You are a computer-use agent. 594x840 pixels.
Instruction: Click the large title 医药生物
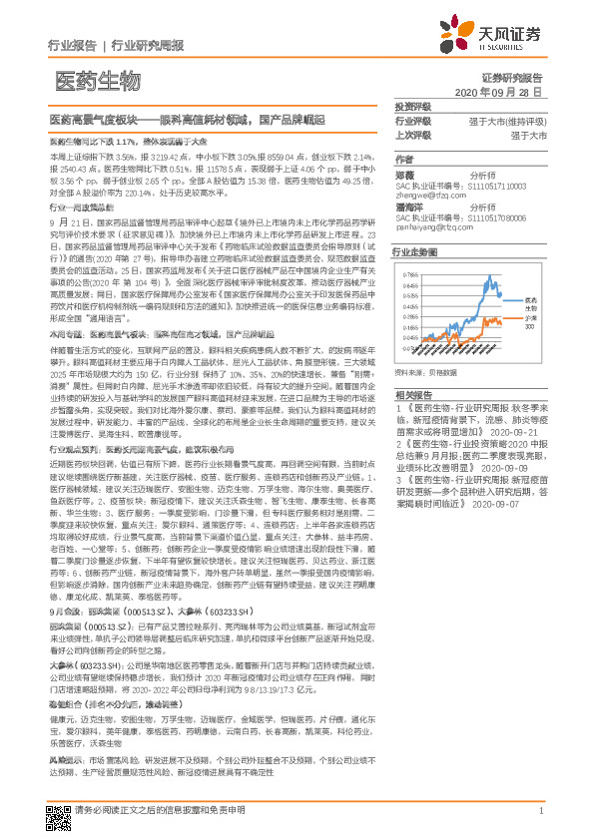[97, 79]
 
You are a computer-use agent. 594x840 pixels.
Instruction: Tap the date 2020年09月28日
[509, 92]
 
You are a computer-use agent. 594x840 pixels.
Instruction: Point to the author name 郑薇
[404, 174]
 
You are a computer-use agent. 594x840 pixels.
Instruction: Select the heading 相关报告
[412, 394]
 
